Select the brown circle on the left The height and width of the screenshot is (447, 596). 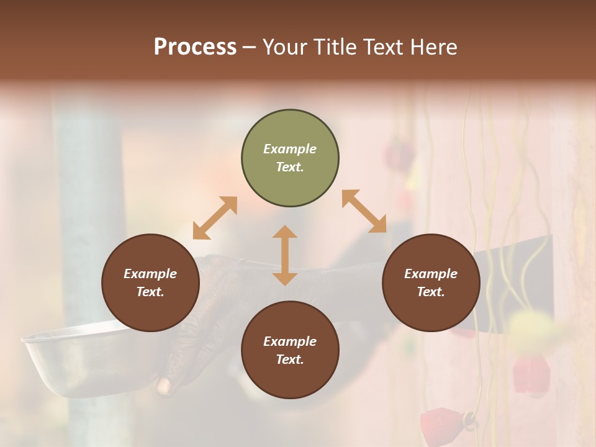[x=150, y=283]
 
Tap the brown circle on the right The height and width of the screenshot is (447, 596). [x=431, y=283]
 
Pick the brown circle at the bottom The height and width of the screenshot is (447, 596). [x=290, y=350]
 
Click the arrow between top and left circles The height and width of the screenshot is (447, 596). [x=215, y=218]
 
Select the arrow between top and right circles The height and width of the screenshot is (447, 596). [x=364, y=211]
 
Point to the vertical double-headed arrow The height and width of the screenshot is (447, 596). [x=285, y=255]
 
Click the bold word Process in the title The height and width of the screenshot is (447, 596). [x=195, y=47]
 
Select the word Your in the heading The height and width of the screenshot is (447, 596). [x=285, y=47]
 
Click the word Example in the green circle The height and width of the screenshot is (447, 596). [x=290, y=149]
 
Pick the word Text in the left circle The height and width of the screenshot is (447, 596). [x=150, y=292]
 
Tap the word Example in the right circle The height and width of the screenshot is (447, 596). [x=431, y=274]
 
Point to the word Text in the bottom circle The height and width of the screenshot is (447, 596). [x=290, y=359]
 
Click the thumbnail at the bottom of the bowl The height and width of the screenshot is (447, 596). [x=164, y=386]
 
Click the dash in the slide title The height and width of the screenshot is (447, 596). [x=250, y=47]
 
